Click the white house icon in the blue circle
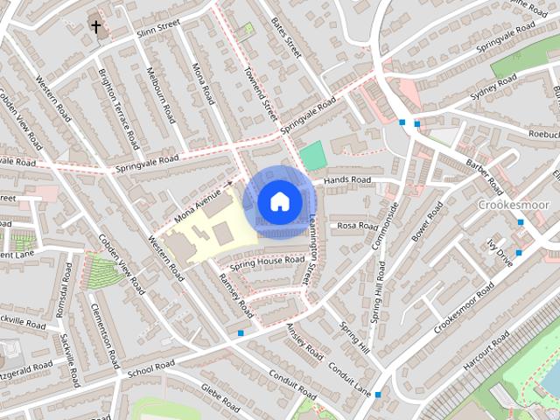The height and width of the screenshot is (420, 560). (x=279, y=201)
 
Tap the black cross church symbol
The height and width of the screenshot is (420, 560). (x=96, y=27)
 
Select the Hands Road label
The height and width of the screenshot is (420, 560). (x=347, y=180)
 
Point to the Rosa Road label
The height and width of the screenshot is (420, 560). (x=356, y=225)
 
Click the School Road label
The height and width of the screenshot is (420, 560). (x=146, y=372)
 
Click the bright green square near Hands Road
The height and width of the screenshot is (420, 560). (x=311, y=157)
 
